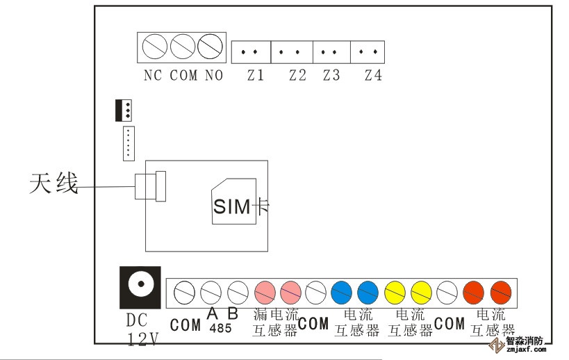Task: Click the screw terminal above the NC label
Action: pyautogui.click(x=154, y=47)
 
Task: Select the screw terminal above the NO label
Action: pyautogui.click(x=209, y=47)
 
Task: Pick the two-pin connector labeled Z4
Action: pyautogui.click(x=369, y=51)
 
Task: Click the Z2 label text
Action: pyautogui.click(x=297, y=75)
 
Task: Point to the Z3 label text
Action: pyautogui.click(x=331, y=75)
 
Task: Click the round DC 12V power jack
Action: pyautogui.click(x=141, y=285)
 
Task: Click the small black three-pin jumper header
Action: pyautogui.click(x=124, y=110)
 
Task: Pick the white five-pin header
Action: pyautogui.click(x=129, y=143)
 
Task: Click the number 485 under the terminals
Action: pyautogui.click(x=221, y=327)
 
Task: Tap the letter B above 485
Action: pyautogui.click(x=233, y=313)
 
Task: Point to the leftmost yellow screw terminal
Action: pyautogui.click(x=395, y=290)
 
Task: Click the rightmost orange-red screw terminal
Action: pyautogui.click(x=500, y=290)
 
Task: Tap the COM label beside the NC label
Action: pyautogui.click(x=183, y=75)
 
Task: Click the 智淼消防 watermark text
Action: pyautogui.click(x=529, y=342)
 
